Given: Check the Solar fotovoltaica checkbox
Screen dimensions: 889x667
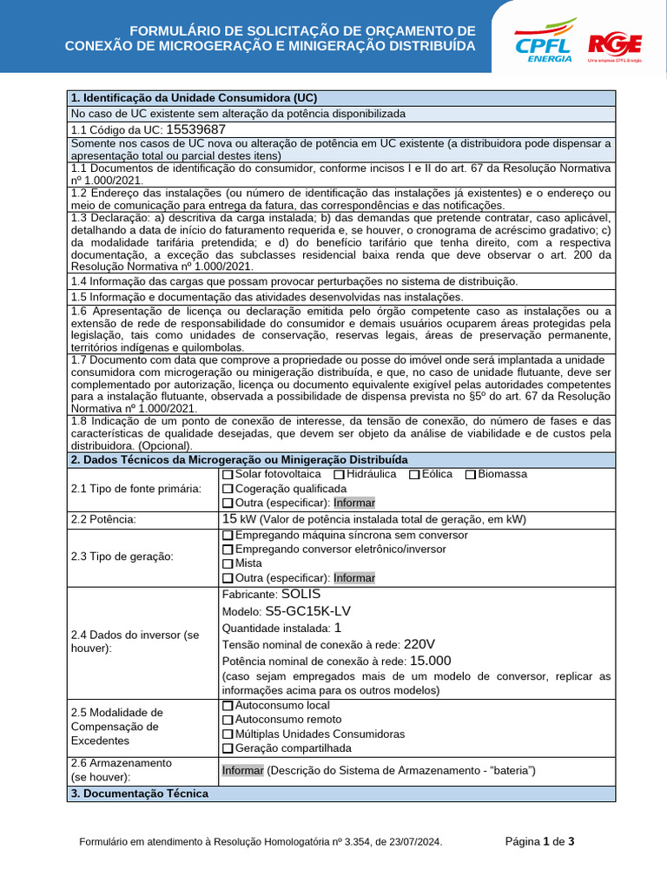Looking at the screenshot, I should pos(228,475).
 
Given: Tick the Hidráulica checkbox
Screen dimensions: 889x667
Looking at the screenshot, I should pos(339,475).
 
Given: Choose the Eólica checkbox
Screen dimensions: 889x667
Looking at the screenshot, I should pos(414,475).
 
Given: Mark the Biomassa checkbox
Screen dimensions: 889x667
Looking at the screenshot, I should pos(470,475).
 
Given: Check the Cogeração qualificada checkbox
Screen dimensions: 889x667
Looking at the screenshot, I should pos(228,489).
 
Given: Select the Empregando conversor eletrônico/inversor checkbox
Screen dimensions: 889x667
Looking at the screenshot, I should pos(228,550).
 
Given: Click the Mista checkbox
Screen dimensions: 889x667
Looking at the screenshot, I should pos(228,563).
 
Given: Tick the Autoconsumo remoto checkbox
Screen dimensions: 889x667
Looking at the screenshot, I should pos(228,720).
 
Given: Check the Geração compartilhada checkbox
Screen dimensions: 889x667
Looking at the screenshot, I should pos(228,748).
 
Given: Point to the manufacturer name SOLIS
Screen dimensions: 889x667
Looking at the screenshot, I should pos(301,594).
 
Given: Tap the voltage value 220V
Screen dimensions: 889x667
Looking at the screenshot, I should pos(419,644).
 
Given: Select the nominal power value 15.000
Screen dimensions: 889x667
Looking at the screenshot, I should pos(430,661).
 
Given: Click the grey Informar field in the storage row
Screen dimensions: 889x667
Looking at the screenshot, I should pos(242,770).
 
